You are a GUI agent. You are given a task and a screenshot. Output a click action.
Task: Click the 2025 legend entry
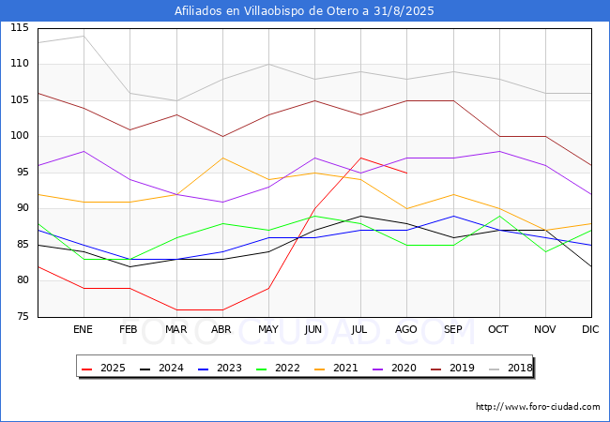tap(103, 368)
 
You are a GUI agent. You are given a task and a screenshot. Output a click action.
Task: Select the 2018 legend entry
tap(511, 368)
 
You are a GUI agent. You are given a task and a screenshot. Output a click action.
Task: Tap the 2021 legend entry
tap(336, 368)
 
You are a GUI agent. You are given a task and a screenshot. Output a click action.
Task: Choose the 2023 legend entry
tap(220, 368)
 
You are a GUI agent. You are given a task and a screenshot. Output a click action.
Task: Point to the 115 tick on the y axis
tap(20, 27)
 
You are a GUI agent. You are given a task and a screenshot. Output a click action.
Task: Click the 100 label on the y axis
tap(20, 136)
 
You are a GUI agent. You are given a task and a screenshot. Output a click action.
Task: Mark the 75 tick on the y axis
tap(23, 316)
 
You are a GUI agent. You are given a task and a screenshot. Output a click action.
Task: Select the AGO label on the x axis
tap(406, 329)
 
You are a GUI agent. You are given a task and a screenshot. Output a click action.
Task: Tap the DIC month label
tap(590, 329)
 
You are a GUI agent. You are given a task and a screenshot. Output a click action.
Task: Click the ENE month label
tap(83, 329)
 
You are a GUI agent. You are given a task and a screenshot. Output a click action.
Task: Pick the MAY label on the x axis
tap(268, 329)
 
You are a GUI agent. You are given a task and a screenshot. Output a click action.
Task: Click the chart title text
tap(304, 11)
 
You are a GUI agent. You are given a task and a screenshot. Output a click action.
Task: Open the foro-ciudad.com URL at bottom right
tap(538, 406)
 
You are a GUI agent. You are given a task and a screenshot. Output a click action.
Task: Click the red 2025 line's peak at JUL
tap(361, 158)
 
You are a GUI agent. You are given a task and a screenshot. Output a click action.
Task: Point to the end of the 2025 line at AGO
tap(407, 173)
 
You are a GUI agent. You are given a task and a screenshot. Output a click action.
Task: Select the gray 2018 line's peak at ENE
tap(84, 36)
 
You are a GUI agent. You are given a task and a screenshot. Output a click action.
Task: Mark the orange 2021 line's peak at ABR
tap(222, 158)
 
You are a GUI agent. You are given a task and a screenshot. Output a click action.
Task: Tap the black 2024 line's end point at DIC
tap(591, 266)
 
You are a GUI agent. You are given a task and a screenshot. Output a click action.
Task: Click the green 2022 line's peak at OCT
tap(499, 216)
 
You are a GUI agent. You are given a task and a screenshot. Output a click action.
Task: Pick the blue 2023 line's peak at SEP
tap(453, 216)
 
